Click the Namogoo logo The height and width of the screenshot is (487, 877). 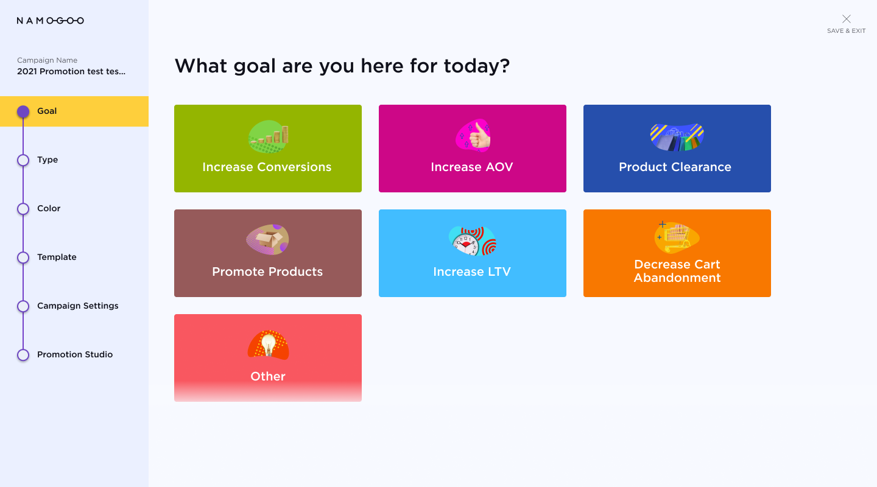(50, 21)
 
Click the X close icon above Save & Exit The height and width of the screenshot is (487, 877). (846, 19)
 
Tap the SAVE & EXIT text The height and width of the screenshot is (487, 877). (846, 31)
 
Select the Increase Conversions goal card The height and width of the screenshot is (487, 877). (268, 149)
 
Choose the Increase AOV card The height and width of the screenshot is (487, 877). (472, 149)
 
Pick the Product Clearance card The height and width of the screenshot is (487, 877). (677, 149)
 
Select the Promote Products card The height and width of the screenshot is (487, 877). (268, 253)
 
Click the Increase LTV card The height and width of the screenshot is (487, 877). (472, 253)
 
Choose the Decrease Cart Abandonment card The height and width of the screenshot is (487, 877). (677, 253)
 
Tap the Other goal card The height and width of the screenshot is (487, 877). (268, 358)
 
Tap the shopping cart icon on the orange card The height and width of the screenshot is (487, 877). (677, 237)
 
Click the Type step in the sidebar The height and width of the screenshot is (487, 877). (48, 159)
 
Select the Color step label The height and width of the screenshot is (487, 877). (49, 208)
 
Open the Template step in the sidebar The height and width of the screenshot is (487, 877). (57, 257)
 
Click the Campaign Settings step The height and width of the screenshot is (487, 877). (77, 306)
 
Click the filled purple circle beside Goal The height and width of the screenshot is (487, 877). (23, 111)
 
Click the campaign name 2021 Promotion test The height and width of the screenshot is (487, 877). (71, 71)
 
